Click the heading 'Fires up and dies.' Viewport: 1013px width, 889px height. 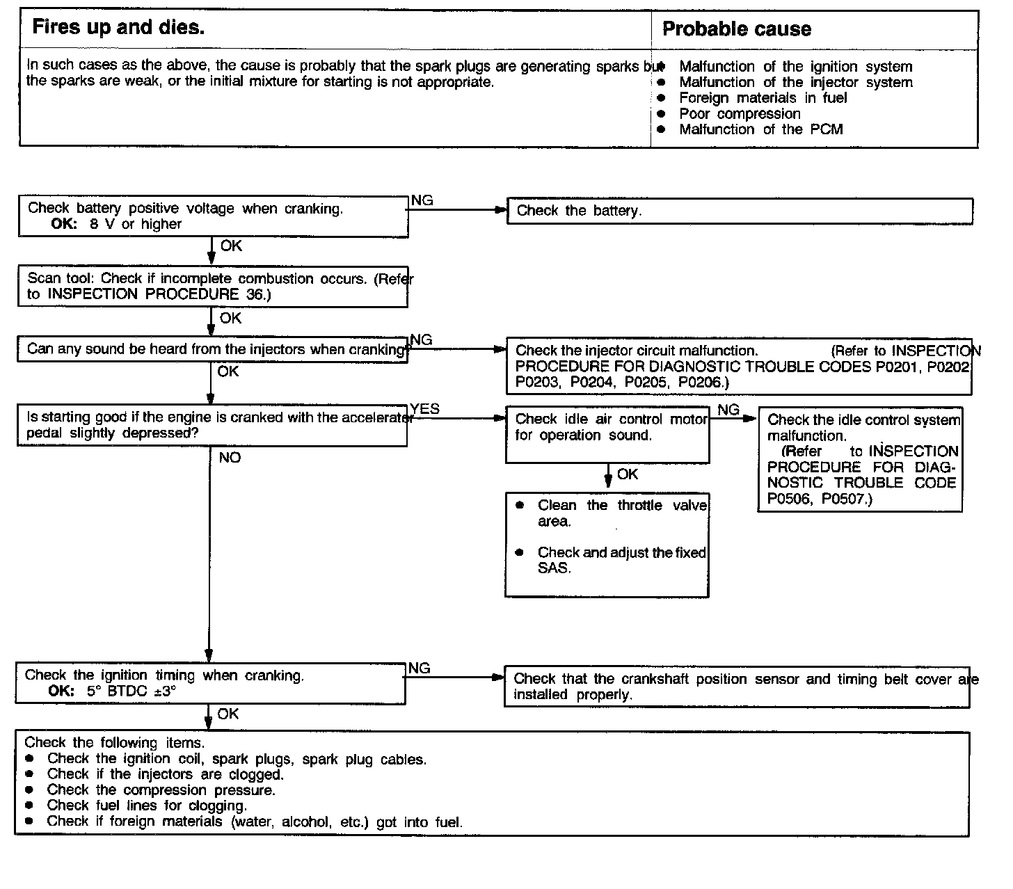(118, 28)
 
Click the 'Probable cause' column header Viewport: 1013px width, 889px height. (736, 29)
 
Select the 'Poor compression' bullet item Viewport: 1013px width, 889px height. (740, 114)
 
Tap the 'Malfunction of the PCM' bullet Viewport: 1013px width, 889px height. (760, 129)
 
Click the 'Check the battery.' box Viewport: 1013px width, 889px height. (739, 211)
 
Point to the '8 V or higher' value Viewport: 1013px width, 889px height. (135, 225)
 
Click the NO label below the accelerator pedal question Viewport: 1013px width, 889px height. (230, 458)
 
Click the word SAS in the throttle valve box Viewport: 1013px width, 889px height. (554, 568)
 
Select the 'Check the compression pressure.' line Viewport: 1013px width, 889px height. (161, 790)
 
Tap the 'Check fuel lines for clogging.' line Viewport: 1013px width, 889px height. (147, 806)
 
